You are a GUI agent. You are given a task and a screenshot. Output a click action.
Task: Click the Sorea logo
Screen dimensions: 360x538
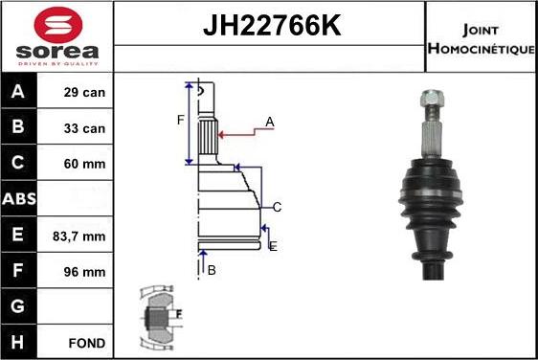click(57, 36)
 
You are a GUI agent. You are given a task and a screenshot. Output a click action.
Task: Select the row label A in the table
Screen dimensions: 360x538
click(19, 93)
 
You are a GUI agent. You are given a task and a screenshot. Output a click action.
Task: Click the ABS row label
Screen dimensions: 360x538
click(19, 199)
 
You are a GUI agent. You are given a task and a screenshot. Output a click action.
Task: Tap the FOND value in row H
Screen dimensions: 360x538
click(87, 342)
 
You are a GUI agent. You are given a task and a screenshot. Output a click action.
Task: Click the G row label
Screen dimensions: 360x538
click(19, 306)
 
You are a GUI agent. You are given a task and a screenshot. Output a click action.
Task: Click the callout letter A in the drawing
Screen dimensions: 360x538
click(270, 122)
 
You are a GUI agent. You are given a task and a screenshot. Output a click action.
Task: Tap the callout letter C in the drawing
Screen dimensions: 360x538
click(276, 207)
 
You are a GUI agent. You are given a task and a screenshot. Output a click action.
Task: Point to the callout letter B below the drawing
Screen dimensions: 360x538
click(212, 270)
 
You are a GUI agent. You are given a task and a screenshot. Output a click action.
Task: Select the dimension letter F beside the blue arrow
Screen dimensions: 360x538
click(179, 121)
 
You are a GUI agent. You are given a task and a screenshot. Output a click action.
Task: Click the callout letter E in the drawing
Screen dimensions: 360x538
click(273, 246)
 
